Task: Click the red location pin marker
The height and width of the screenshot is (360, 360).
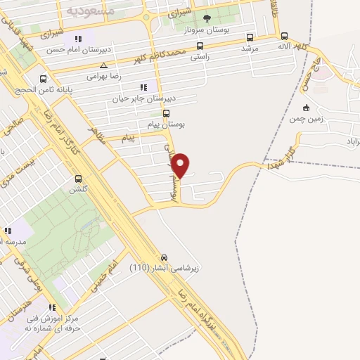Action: [181, 165]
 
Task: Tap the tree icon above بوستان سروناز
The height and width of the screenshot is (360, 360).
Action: [206, 19]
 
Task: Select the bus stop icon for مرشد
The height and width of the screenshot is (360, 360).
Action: [250, 37]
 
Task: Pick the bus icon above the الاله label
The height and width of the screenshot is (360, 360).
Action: [284, 36]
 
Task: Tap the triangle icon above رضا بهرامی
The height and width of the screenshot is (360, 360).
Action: [103, 65]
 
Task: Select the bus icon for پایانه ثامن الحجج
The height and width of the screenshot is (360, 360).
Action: [44, 79]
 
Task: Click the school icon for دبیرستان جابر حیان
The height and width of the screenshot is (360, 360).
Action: [143, 87]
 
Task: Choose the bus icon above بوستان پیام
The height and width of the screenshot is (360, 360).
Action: [166, 112]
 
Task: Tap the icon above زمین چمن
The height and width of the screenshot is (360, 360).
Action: [305, 108]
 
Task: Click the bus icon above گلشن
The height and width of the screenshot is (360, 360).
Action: [77, 179]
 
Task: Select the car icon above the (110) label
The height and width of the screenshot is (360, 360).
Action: [165, 257]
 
